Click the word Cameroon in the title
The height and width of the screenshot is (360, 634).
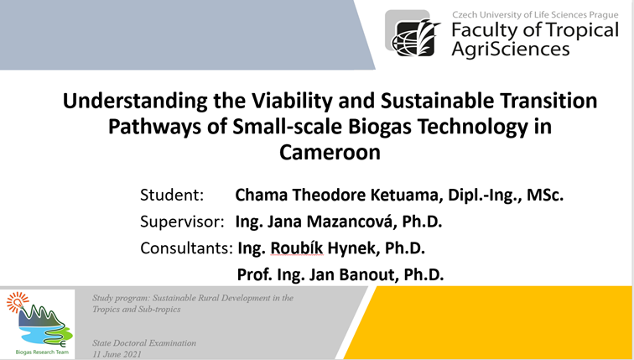click(330, 153)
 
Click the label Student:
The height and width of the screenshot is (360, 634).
click(172, 195)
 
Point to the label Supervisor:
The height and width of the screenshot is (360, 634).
click(182, 222)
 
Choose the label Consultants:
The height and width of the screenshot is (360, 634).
click(186, 248)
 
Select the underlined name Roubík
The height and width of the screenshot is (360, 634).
click(296, 248)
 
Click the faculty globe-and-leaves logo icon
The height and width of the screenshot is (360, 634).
click(413, 35)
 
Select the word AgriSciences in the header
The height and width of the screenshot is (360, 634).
click(510, 50)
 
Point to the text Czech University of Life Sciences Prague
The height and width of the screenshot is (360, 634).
click(535, 15)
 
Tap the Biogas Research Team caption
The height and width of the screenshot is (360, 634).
click(42, 352)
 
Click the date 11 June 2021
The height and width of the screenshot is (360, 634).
click(117, 354)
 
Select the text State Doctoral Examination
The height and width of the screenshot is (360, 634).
click(144, 343)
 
